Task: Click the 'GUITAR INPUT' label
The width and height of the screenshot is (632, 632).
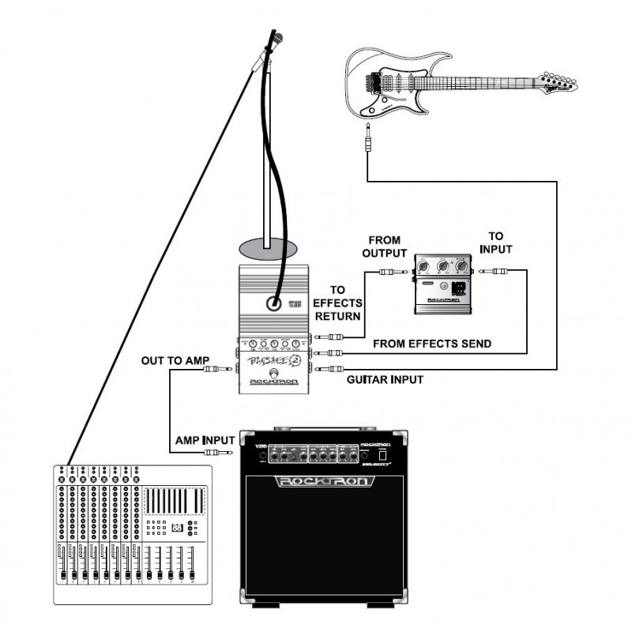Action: (385, 380)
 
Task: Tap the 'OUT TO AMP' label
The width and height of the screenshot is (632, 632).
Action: (175, 361)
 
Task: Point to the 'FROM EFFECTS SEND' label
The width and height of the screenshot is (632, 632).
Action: (431, 344)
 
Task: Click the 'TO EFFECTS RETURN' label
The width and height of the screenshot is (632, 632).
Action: (337, 302)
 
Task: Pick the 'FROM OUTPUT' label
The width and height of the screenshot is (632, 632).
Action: (384, 246)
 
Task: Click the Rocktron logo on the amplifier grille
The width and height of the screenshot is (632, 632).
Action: (324, 481)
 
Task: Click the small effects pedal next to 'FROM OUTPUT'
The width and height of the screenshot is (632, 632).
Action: (443, 284)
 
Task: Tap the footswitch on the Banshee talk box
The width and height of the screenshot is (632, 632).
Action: (273, 374)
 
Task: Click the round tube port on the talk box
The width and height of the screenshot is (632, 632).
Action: (273, 302)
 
